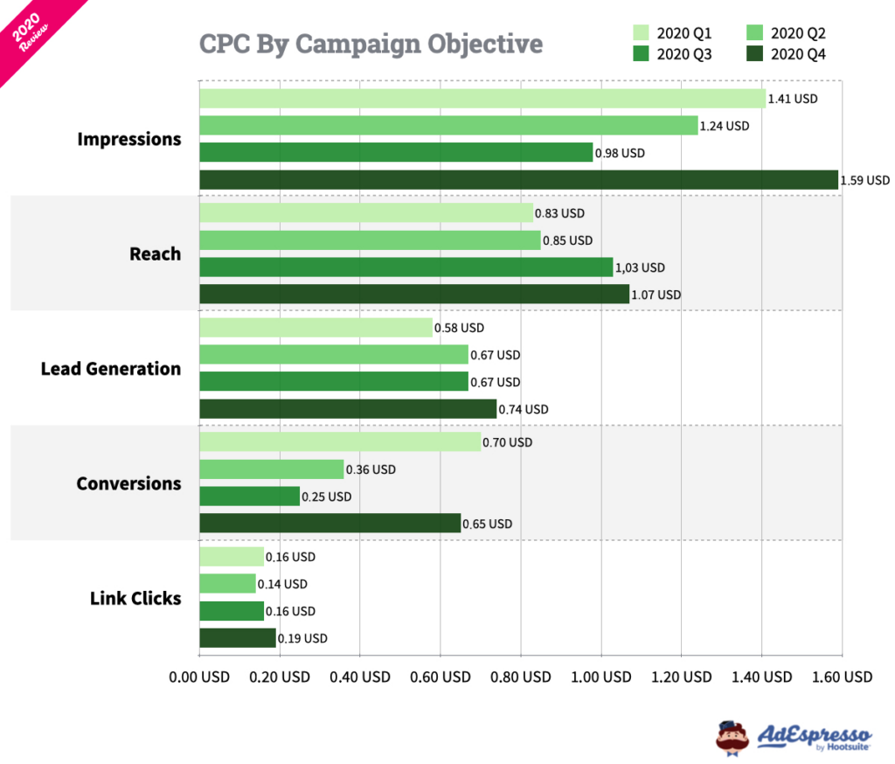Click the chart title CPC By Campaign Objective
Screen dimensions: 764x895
pyautogui.click(x=371, y=44)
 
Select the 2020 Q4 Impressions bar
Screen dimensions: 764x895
pyautogui.click(x=518, y=180)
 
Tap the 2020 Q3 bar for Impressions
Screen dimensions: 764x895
pyautogui.click(x=396, y=153)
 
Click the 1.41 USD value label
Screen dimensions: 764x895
pyautogui.click(x=793, y=99)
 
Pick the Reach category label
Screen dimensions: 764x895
pyautogui.click(x=155, y=254)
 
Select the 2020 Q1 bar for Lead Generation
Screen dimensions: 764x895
pyautogui.click(x=316, y=328)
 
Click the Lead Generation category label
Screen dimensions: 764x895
pyautogui.click(x=111, y=369)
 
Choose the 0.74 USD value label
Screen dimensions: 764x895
pyautogui.click(x=524, y=409)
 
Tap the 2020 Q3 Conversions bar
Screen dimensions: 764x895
pyautogui.click(x=249, y=497)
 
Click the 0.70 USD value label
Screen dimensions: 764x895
pyautogui.click(x=507, y=442)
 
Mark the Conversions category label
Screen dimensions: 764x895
pyautogui.click(x=128, y=483)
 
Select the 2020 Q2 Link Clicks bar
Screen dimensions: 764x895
pyautogui.click(x=227, y=584)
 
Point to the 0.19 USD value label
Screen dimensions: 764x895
pyautogui.click(x=302, y=638)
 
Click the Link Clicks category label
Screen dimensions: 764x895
pyautogui.click(x=135, y=598)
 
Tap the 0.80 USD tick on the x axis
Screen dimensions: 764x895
pyautogui.click(x=521, y=677)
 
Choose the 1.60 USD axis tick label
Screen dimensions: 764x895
pyautogui.click(x=842, y=677)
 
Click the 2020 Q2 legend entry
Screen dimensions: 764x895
pyautogui.click(x=786, y=33)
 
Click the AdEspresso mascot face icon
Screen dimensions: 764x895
pyautogui.click(x=732, y=736)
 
